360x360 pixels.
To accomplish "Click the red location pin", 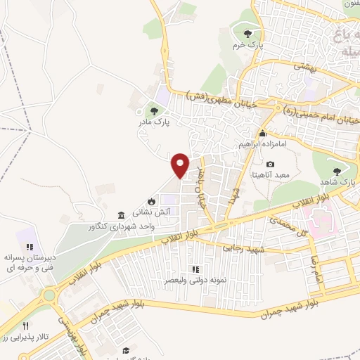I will [x=181, y=166].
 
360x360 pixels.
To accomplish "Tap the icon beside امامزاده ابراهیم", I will [x=263, y=134].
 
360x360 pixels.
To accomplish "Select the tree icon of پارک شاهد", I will [x=336, y=171].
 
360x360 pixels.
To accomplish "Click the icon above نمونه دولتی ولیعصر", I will [x=196, y=269].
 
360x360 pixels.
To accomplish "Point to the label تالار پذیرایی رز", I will [x=25, y=337].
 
